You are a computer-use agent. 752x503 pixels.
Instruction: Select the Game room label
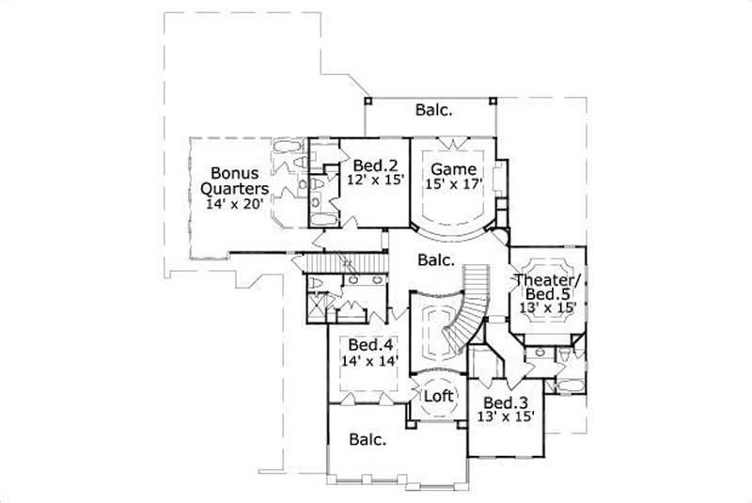(455, 169)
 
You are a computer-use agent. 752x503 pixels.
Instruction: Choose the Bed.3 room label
(504, 401)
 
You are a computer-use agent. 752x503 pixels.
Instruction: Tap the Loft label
(438, 396)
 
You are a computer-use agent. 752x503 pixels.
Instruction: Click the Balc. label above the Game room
(434, 110)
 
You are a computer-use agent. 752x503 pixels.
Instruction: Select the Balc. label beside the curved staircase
(435, 260)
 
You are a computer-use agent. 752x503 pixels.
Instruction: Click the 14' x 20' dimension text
(236, 201)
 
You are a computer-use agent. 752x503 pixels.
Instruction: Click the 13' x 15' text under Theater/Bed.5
(547, 307)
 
